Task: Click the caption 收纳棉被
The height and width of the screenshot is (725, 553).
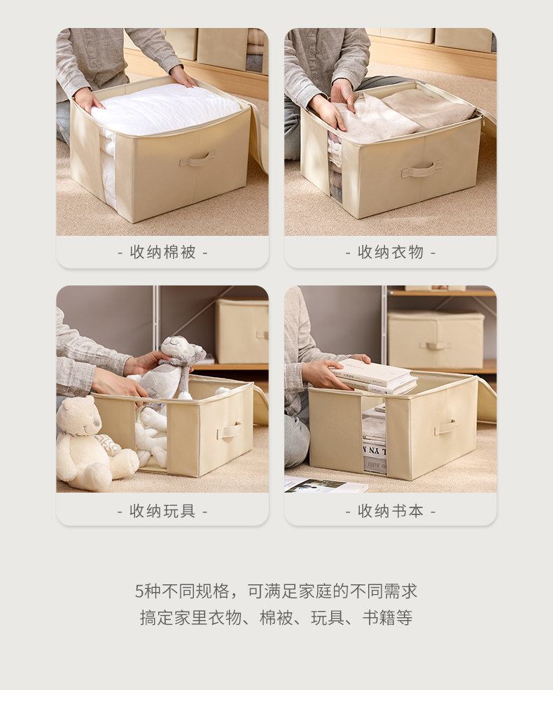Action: pos(162,253)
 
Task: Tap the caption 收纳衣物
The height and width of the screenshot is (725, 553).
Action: pos(391,253)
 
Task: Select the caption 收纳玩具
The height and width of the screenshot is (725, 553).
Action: pos(162,512)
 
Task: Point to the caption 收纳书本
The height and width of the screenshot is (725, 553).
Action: pos(391,512)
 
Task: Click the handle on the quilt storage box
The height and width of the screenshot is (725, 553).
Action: pos(197,159)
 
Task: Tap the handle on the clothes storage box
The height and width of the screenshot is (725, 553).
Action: pos(421,169)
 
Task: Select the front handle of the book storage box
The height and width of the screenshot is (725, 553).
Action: pos(445,426)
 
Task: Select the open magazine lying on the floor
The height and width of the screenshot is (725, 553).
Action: pos(325,484)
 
